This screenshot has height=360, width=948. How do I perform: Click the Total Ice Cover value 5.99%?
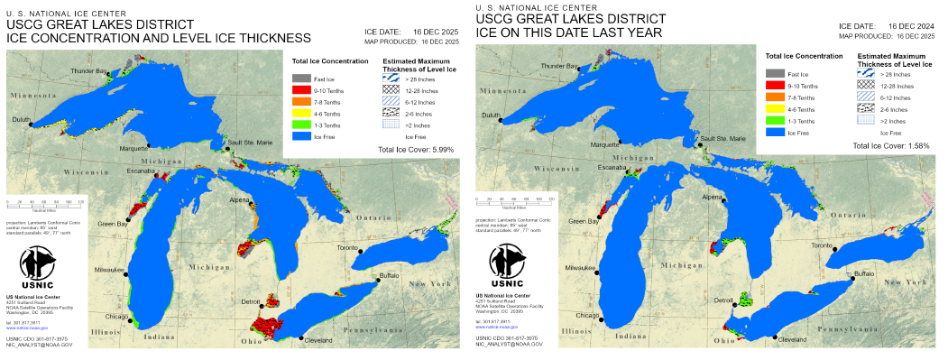441,149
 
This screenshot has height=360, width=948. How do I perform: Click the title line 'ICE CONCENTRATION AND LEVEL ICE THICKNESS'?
158,37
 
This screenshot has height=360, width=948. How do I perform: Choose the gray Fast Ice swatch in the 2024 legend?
773,72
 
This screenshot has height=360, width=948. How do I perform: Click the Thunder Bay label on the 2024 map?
559,67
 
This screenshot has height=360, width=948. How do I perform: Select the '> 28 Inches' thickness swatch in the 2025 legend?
391,78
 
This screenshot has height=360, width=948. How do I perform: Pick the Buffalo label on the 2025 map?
389,275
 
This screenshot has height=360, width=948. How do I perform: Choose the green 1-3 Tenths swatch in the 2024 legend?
773,120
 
